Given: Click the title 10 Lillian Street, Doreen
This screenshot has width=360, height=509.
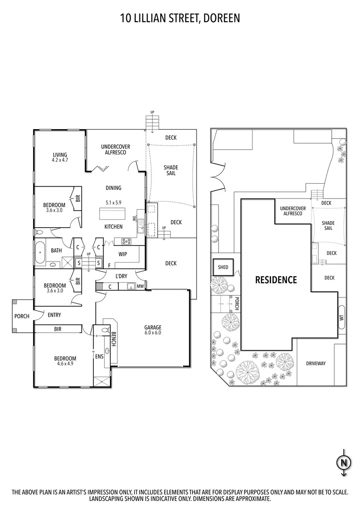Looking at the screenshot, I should point(180,18).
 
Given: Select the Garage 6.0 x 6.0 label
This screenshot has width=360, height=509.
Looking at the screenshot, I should point(153,329).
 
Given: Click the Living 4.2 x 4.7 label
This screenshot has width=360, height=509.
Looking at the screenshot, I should point(60,157).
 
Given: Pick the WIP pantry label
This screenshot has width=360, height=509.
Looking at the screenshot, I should point(123,254).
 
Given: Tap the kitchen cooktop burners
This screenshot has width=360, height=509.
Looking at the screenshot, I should point(127,241).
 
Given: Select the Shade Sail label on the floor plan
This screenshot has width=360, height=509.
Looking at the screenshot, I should point(171,171).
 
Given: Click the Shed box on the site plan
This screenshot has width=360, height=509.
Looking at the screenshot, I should point(223,267).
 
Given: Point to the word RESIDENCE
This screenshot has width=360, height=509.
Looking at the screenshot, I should point(276,280).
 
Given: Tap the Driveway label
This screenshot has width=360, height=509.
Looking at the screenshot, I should point(316,363).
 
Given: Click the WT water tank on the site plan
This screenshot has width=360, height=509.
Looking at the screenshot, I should point(342,318).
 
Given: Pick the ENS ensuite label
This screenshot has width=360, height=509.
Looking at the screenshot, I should point(99,357).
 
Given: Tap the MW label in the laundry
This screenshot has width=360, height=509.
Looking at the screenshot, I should point(140,286).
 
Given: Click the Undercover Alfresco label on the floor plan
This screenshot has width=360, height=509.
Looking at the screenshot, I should point(115,149).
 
